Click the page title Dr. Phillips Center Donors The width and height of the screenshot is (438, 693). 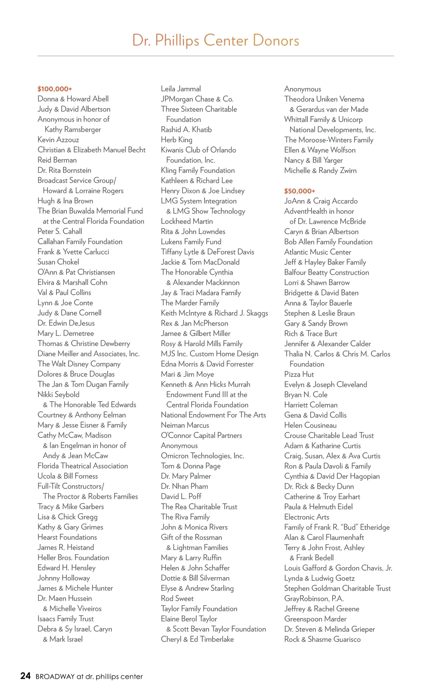[x=215, y=41]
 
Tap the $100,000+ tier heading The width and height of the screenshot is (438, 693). [x=55, y=89]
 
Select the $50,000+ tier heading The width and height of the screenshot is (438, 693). [x=300, y=191]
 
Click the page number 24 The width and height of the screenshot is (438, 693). [x=26, y=676]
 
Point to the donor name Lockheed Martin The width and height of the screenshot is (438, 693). [x=187, y=221]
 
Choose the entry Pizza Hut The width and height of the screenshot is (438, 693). [x=299, y=374]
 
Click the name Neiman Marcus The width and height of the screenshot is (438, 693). [x=185, y=425]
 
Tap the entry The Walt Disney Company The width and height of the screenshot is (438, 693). [x=79, y=364]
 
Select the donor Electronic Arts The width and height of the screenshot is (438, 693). [x=307, y=517]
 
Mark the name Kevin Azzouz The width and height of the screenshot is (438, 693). [x=58, y=139]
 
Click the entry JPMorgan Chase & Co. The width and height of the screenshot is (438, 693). [x=197, y=99]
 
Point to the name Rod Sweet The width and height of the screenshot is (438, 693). [x=177, y=598]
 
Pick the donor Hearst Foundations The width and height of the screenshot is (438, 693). [x=67, y=537]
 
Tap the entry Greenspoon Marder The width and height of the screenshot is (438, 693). [x=315, y=619]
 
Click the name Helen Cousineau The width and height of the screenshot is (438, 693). [x=310, y=425]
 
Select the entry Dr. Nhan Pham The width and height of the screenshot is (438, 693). [x=184, y=486]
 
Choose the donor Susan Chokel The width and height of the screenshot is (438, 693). [x=58, y=262]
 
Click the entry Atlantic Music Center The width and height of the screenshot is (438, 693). [x=318, y=252]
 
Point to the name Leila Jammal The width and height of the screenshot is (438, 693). [x=181, y=89]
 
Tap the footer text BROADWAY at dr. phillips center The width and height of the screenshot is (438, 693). [x=89, y=677]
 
